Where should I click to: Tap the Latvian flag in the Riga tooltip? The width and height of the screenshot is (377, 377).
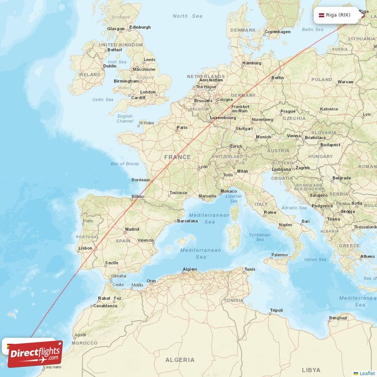(x=322, y=15)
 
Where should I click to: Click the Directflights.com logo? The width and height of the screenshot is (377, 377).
(x=35, y=353)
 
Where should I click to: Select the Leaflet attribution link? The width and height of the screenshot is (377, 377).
(x=367, y=373)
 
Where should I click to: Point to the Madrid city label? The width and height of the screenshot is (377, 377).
(x=132, y=229)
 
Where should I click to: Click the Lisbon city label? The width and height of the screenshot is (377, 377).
(x=85, y=248)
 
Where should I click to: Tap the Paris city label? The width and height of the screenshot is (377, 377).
(x=182, y=128)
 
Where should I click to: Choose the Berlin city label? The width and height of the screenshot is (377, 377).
(x=278, y=78)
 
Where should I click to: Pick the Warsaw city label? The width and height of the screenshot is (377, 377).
(x=345, y=82)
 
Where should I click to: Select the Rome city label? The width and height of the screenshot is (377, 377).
(x=270, y=212)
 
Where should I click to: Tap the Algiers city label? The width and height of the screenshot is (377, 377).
(x=189, y=270)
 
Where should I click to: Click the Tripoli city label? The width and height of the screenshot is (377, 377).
(x=276, y=310)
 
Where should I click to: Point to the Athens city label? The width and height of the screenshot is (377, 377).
(x=368, y=256)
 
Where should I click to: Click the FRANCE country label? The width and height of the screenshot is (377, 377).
(x=178, y=157)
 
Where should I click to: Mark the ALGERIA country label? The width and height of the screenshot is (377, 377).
(x=180, y=360)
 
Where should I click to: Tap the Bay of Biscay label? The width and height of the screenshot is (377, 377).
(x=125, y=164)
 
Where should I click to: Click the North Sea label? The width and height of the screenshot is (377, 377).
(x=188, y=16)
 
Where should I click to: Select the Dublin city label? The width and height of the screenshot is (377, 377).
(x=110, y=66)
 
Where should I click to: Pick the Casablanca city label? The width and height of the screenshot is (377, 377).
(x=105, y=305)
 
